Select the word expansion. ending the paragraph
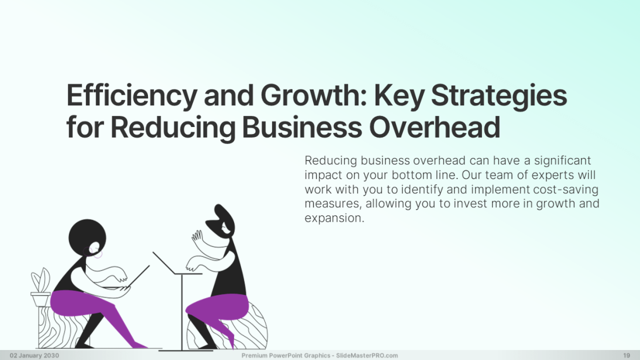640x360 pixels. pyautogui.click(x=334, y=218)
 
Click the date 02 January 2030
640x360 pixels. pyautogui.click(x=35, y=355)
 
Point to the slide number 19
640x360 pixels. pyautogui.click(x=627, y=355)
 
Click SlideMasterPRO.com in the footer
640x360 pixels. pyautogui.click(x=367, y=355)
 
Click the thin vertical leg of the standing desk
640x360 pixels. pyautogui.click(x=181, y=310)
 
